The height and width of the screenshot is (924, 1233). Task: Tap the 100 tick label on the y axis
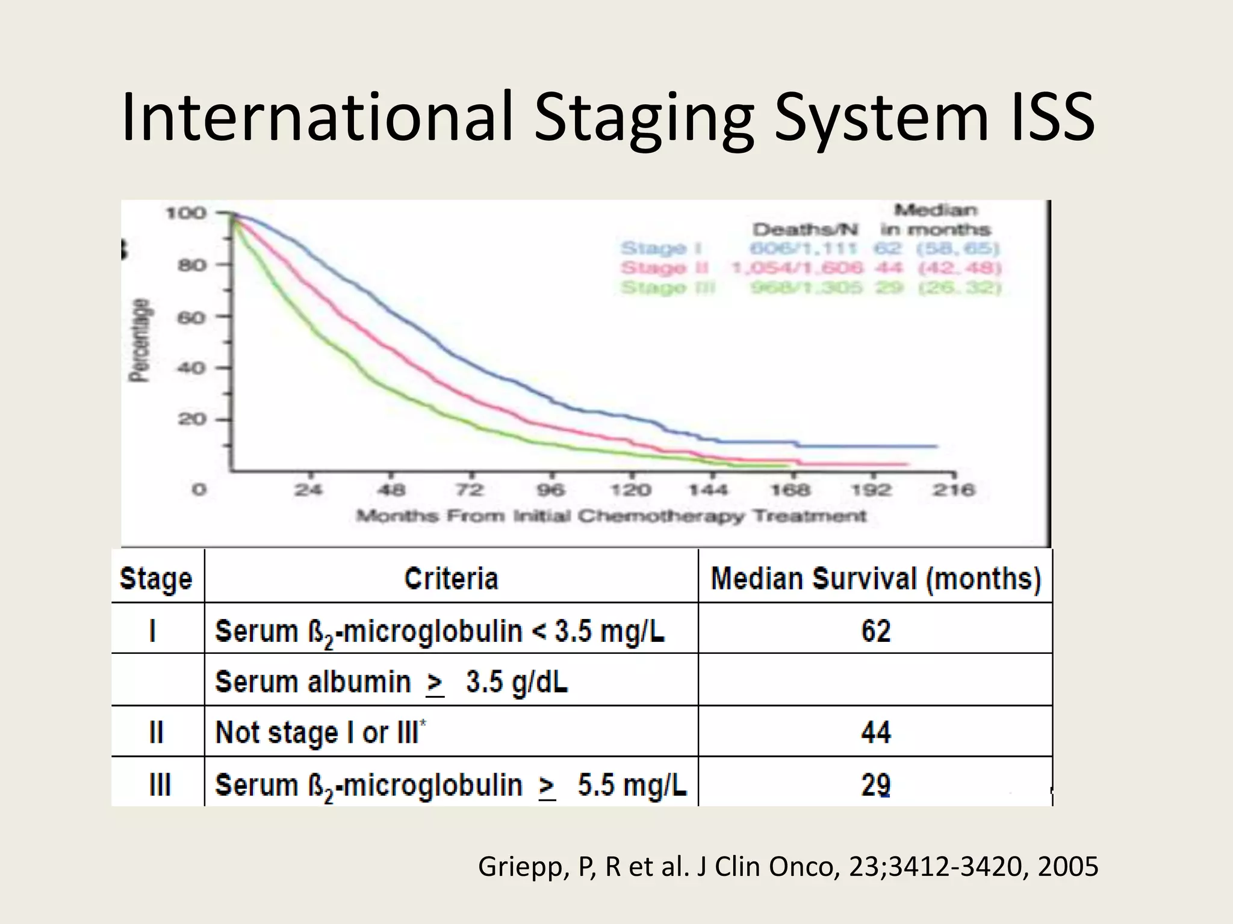[185, 213]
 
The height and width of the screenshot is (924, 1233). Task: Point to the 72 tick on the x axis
[470, 490]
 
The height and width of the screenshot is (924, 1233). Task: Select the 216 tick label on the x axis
[953, 490]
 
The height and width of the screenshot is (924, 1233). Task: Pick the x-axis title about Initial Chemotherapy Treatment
[610, 516]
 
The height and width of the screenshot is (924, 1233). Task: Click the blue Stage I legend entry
[661, 248]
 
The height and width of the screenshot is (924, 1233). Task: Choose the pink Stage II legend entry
[664, 268]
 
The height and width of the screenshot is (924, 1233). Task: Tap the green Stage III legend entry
[667, 288]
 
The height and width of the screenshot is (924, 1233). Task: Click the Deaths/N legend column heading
[805, 229]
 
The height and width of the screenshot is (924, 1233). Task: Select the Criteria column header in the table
[451, 578]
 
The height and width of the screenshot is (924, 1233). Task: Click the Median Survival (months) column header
[875, 578]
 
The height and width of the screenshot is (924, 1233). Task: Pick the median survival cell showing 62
[875, 630]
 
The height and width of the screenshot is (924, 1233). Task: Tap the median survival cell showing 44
[875, 732]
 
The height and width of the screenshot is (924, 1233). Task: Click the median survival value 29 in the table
[875, 784]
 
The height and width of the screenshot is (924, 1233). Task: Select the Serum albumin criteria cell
[391, 682]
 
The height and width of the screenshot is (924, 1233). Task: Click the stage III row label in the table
[159, 784]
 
